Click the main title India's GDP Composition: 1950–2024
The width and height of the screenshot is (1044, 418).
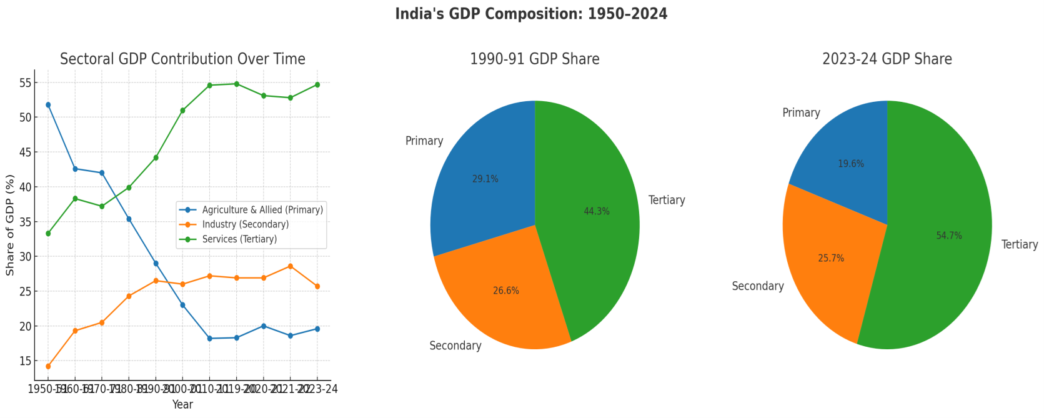(531, 14)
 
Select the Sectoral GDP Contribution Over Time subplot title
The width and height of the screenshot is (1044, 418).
(182, 59)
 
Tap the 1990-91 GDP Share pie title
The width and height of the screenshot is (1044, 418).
(534, 59)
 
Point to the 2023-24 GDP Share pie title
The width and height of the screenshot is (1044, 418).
(887, 59)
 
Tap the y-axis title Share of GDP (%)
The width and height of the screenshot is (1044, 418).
(10, 226)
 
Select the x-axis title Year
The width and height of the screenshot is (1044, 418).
(182, 405)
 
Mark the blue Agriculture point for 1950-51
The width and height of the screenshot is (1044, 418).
(48, 105)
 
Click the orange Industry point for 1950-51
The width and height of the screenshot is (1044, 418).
(48, 367)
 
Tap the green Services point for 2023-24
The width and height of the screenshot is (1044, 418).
(317, 84)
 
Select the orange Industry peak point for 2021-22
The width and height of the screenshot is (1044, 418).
(290, 266)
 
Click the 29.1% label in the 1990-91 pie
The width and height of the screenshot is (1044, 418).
(485, 179)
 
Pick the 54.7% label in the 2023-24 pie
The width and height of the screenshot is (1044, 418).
(948, 236)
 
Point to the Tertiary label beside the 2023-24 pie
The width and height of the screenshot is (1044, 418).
(1019, 245)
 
